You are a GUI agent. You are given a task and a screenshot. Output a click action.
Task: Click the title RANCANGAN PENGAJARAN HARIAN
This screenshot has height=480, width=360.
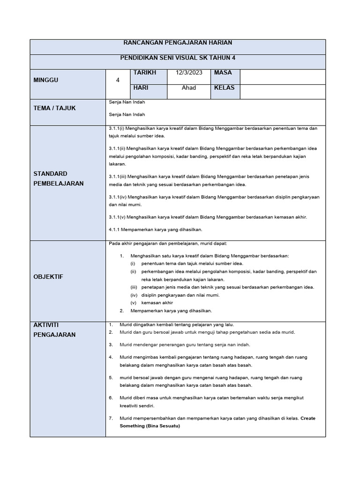coord(178,43)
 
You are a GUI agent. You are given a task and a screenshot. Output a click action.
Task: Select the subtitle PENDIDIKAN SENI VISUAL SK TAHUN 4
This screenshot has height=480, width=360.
coord(178,58)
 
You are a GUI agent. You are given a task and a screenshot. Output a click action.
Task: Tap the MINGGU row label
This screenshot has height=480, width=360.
coord(46,80)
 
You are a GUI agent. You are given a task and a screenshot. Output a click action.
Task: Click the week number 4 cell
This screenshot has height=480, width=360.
coord(118,80)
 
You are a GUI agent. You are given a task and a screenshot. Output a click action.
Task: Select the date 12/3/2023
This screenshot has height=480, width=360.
coord(189,73)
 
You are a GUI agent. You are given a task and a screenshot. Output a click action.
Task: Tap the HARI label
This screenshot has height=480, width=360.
coord(141,88)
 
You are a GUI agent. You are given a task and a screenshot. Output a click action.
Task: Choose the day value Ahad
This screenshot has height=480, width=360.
coord(189,88)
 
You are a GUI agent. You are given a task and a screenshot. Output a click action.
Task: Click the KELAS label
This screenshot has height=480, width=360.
coord(224,88)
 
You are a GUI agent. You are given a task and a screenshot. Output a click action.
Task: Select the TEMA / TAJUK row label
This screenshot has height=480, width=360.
coord(54,108)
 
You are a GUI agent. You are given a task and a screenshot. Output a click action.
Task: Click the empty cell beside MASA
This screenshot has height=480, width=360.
coord(282,76)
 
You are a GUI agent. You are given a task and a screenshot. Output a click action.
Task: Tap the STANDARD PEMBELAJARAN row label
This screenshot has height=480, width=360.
coord(59,179)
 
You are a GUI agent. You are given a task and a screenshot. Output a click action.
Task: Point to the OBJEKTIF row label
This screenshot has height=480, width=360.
coord(48,277)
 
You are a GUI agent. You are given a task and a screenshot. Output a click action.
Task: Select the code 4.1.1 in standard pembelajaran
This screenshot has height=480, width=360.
coord(115,230)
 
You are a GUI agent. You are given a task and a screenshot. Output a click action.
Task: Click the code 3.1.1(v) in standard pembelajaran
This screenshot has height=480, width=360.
coord(117,217)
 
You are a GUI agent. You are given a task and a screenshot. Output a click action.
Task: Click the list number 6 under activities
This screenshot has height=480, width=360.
coord(111,397)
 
